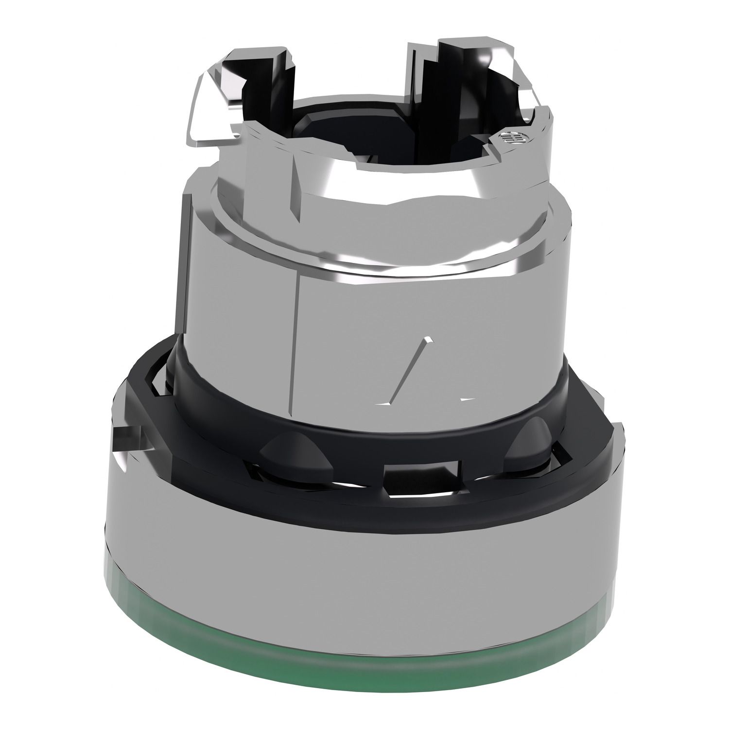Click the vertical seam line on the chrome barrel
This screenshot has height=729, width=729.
(x=295, y=340)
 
